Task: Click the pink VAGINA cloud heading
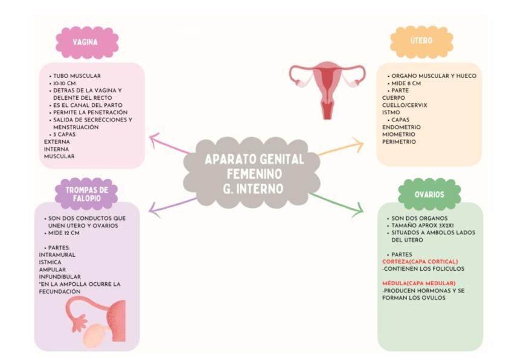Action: click(x=86, y=42)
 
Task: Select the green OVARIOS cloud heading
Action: click(x=429, y=195)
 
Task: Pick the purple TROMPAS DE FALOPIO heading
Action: click(x=86, y=193)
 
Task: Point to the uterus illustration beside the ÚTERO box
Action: click(x=327, y=88)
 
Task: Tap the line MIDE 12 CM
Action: click(x=64, y=232)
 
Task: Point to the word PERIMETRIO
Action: click(x=398, y=142)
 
